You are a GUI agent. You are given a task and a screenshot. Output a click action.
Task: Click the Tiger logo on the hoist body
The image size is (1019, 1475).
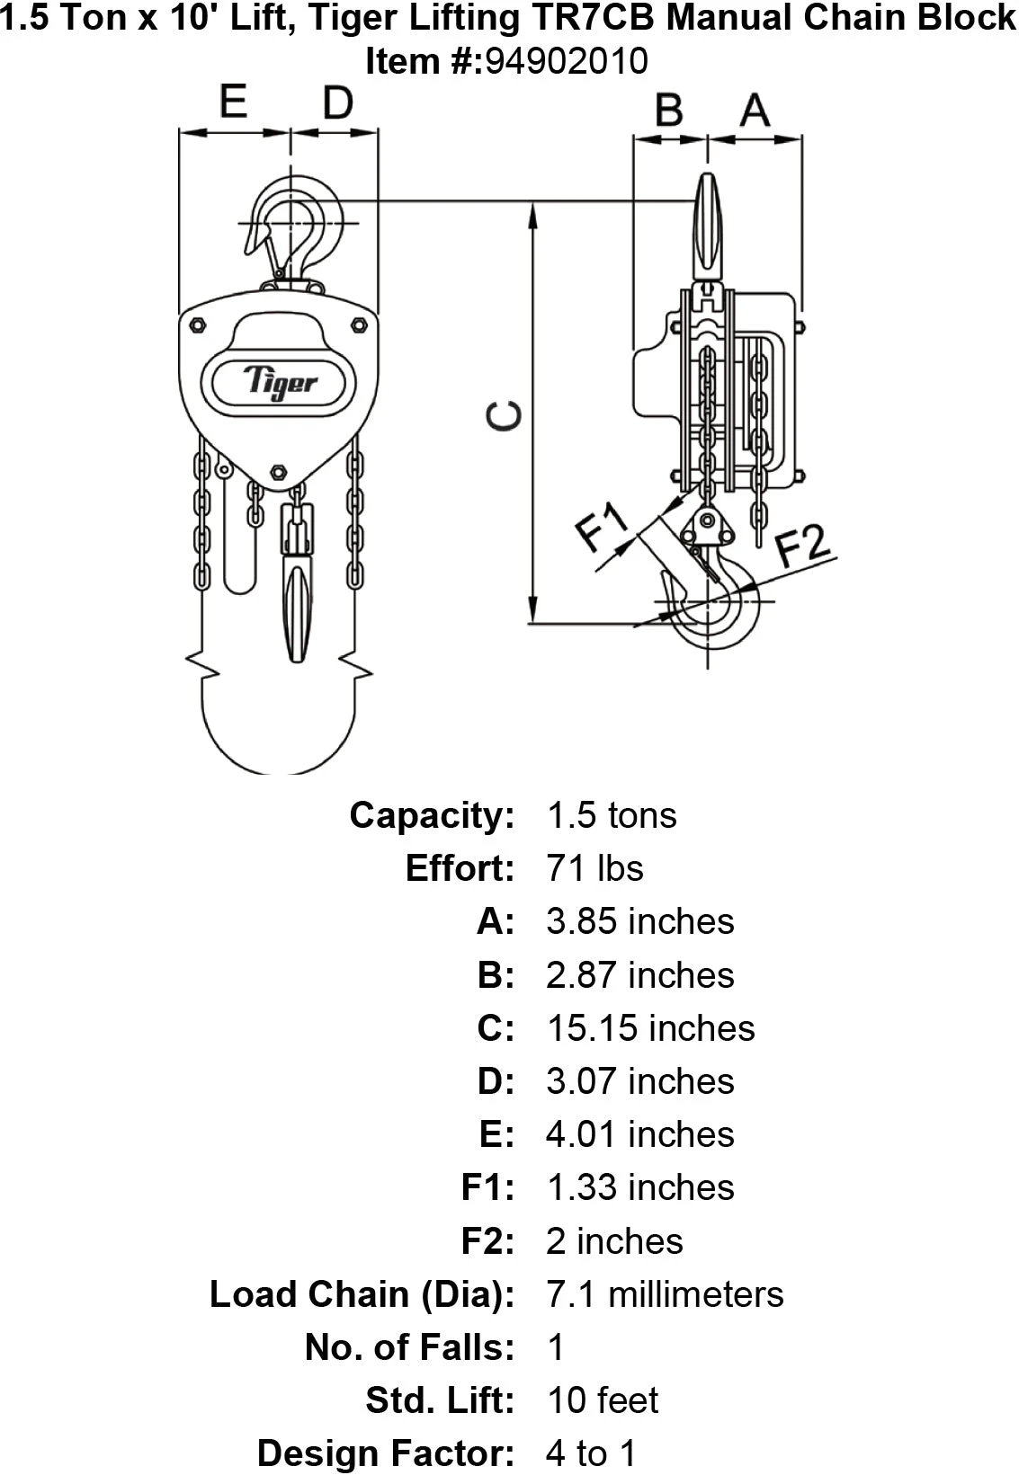click(x=280, y=382)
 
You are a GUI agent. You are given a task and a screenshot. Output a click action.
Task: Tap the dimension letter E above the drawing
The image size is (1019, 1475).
click(x=233, y=102)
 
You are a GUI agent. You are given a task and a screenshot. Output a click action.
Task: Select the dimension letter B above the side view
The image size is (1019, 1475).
click(x=669, y=110)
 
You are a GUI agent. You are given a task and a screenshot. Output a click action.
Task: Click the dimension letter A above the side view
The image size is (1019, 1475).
click(x=755, y=110)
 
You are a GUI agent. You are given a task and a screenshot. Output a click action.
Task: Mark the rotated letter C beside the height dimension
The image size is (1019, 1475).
click(x=504, y=416)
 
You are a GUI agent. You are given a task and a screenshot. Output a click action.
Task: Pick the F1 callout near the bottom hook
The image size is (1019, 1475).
click(x=602, y=526)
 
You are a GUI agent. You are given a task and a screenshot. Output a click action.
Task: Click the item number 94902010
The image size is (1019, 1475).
click(x=568, y=61)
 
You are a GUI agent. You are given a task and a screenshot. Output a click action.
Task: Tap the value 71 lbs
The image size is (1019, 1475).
click(x=594, y=867)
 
